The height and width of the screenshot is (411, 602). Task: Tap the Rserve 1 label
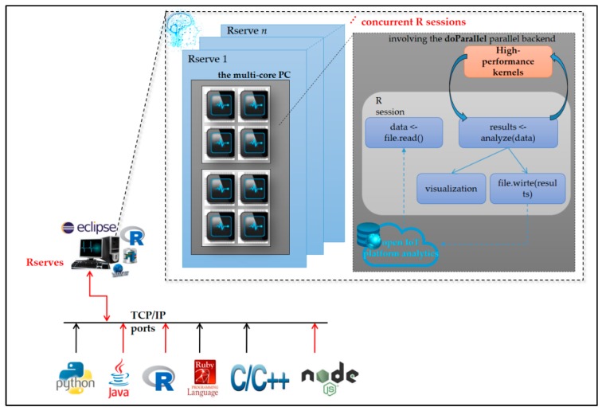(208, 59)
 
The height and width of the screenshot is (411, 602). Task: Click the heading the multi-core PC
(252, 75)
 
